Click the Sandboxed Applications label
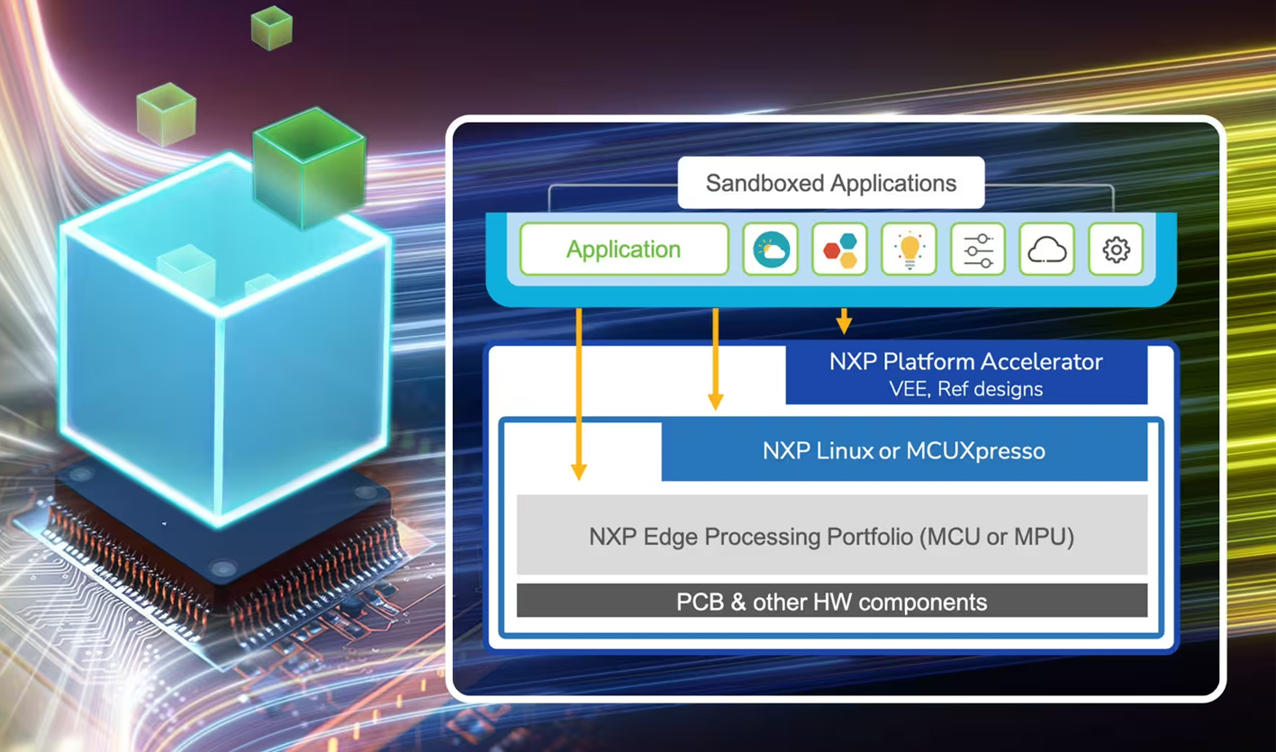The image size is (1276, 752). (830, 184)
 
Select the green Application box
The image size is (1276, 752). (623, 249)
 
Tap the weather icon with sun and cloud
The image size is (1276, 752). (771, 249)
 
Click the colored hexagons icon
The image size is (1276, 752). (840, 249)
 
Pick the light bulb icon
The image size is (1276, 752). (909, 249)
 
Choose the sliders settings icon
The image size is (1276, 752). (978, 249)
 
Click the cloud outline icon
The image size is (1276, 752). (1046, 249)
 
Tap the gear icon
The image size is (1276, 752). (1116, 249)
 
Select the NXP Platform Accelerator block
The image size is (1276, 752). (965, 363)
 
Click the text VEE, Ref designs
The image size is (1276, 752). (965, 390)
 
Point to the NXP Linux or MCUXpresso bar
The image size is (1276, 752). (903, 450)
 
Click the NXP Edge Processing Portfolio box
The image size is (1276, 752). (831, 537)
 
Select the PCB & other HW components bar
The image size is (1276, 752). (831, 602)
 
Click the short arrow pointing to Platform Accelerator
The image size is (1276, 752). (844, 321)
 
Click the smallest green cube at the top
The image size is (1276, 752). (271, 27)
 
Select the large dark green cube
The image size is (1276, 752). (309, 167)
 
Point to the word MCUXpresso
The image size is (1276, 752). (986, 450)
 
